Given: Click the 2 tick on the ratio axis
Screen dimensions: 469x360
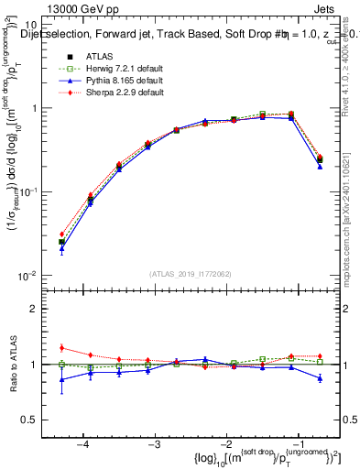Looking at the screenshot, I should click(43, 309).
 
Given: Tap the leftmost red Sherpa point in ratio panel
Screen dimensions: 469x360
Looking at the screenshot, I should click(61, 347).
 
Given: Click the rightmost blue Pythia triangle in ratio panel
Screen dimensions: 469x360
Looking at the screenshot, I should click(320, 377).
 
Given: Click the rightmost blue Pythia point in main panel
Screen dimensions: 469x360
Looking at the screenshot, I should click(320, 167).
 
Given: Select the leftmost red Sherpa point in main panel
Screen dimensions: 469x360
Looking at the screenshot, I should click(61, 234).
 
